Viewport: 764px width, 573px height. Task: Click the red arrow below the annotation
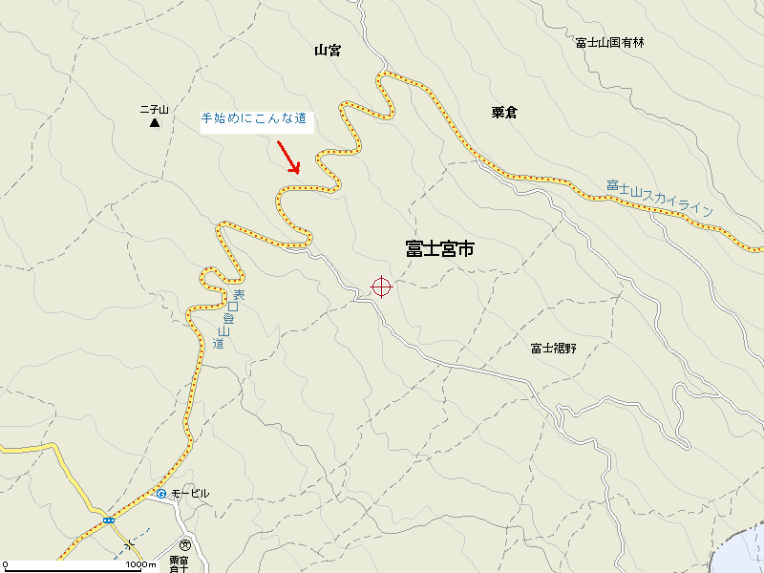tap(287, 157)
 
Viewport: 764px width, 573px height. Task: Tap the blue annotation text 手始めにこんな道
tap(253, 119)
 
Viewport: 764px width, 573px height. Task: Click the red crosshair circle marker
tap(381, 286)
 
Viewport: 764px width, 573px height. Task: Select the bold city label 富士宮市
tap(439, 249)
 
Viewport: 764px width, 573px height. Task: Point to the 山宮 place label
tap(328, 51)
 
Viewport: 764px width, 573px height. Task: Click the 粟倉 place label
tap(504, 113)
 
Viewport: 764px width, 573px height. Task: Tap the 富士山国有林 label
tap(610, 42)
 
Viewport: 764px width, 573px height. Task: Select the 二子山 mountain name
tap(154, 110)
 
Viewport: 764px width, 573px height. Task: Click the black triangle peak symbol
tap(154, 123)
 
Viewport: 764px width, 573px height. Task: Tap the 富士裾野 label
tap(554, 348)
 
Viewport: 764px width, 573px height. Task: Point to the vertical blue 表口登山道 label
tap(228, 318)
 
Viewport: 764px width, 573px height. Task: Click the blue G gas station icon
tap(161, 494)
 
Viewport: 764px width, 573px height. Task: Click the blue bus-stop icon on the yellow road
tap(109, 520)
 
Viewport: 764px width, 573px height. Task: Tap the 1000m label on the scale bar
tap(139, 564)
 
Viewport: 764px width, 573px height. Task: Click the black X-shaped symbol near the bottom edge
tap(129, 545)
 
